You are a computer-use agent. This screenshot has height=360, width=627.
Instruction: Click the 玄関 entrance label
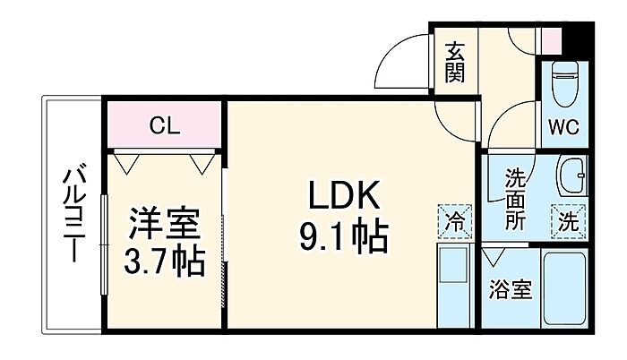tap(455, 62)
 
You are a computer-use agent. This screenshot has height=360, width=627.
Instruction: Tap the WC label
tap(563, 127)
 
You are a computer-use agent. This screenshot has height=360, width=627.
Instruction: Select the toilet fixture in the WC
tap(564, 83)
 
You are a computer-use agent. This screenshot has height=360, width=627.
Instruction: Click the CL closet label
tap(165, 126)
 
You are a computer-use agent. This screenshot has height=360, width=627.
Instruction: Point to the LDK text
tap(343, 195)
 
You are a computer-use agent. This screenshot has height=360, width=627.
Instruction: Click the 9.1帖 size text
tap(344, 236)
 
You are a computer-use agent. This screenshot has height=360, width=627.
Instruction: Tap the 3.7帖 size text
tap(164, 261)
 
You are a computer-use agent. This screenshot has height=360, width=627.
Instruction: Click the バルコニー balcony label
tap(74, 215)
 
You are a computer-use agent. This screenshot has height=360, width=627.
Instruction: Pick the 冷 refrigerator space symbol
tap(455, 221)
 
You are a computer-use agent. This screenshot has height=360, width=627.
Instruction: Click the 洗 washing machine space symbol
tap(568, 221)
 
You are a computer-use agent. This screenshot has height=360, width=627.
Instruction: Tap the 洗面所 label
tap(515, 200)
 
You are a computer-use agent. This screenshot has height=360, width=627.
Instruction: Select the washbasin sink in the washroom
tap(571, 176)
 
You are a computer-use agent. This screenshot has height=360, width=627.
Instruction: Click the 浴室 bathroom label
tap(511, 290)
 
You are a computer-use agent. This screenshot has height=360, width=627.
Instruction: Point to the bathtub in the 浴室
tap(564, 288)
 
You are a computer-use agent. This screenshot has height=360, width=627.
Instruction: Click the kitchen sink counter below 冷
tap(455, 285)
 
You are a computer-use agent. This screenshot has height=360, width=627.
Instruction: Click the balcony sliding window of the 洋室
tap(105, 244)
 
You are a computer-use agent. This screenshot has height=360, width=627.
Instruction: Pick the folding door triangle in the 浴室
tap(493, 257)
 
